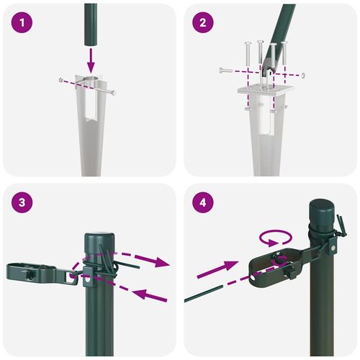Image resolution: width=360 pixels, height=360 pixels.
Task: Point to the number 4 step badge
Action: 203,204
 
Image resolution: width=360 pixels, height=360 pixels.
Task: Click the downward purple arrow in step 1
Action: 91,57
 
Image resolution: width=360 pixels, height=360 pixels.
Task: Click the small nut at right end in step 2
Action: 305,75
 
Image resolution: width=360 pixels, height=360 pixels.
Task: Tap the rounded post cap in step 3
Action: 96,241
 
